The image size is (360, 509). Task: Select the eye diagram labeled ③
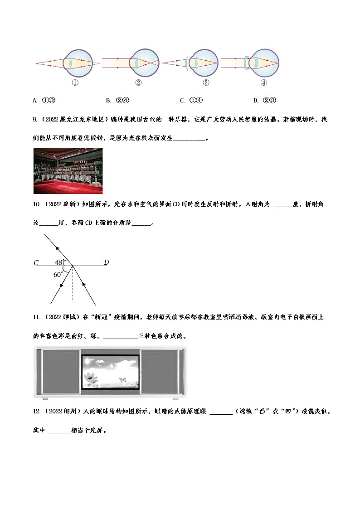pyautogui.click(x=201, y=63)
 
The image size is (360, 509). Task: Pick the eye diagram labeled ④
pyautogui.click(x=263, y=63)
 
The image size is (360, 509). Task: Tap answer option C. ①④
pyautogui.click(x=191, y=100)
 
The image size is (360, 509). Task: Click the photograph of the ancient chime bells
pyautogui.click(x=68, y=170)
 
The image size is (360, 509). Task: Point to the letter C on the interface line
pyautogui.click(x=36, y=262)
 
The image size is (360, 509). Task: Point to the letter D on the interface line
pyautogui.click(x=106, y=262)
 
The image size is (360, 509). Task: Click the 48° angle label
pyautogui.click(x=59, y=262)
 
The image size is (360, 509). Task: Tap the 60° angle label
pyautogui.click(x=58, y=274)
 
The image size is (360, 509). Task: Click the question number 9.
pyautogui.click(x=35, y=120)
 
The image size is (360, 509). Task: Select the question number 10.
pyautogui.click(x=37, y=204)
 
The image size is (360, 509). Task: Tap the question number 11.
pyautogui.click(x=37, y=316)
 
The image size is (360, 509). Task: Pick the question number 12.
pyautogui.click(x=37, y=411)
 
